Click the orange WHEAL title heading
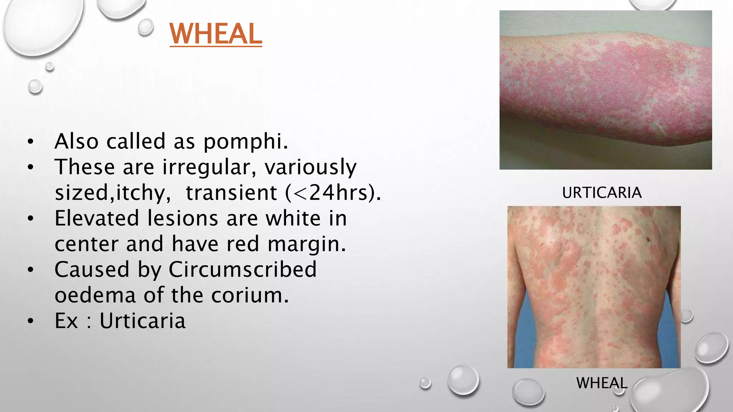(x=216, y=34)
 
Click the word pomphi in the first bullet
(x=246, y=142)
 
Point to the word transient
(x=231, y=193)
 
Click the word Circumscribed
(x=242, y=269)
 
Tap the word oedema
(x=95, y=295)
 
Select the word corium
(x=249, y=295)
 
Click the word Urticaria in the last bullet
(x=142, y=321)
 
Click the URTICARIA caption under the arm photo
(x=602, y=193)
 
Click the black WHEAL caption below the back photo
(x=602, y=383)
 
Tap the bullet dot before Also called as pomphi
(x=30, y=142)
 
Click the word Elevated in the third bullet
(x=96, y=218)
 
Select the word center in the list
(x=86, y=244)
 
